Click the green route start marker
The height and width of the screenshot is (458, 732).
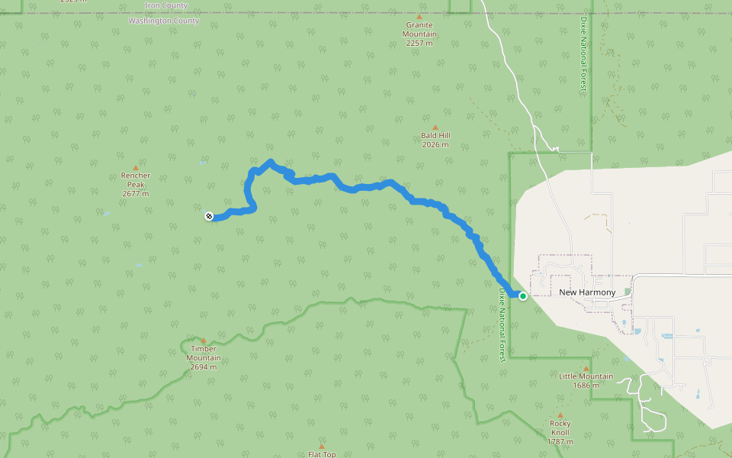click(523, 296)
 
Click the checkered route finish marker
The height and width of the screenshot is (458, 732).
click(209, 217)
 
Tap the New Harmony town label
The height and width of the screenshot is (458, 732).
click(587, 292)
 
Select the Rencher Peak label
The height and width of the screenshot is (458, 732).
click(136, 180)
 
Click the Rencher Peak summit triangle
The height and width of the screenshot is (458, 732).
click(136, 167)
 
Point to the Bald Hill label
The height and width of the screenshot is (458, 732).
click(435, 136)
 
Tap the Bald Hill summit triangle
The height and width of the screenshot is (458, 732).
click(435, 127)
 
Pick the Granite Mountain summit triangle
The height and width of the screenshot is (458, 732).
click(419, 16)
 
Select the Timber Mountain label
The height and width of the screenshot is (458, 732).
click(204, 353)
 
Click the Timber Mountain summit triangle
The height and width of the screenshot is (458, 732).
click(204, 340)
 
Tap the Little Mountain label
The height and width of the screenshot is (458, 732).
click(586, 376)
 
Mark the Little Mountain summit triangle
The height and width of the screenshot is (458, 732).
click(586, 368)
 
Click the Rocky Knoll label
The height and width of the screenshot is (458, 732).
click(560, 424)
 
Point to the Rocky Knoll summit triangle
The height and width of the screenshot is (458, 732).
click(560, 415)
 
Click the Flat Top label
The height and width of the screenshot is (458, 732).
click(322, 454)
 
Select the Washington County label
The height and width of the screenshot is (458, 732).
click(164, 21)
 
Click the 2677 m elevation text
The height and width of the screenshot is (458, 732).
click(136, 194)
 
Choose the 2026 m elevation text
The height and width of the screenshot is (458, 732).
click(435, 145)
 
